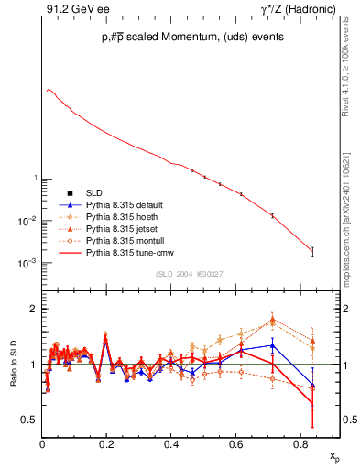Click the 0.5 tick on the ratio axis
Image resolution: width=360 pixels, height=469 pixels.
click(x=30, y=420)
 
